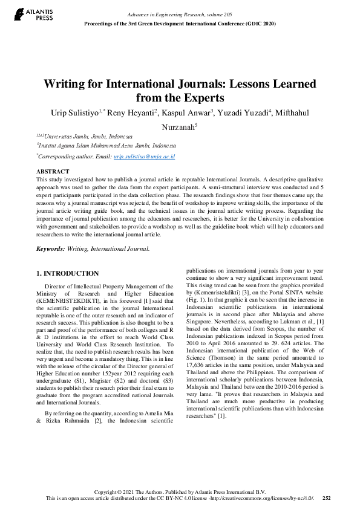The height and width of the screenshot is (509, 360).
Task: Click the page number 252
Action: click(327, 498)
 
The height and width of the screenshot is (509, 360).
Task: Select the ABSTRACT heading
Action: click(53, 172)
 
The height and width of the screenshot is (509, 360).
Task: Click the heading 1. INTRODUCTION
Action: click(68, 273)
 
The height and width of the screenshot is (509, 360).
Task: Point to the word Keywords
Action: click(51, 248)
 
